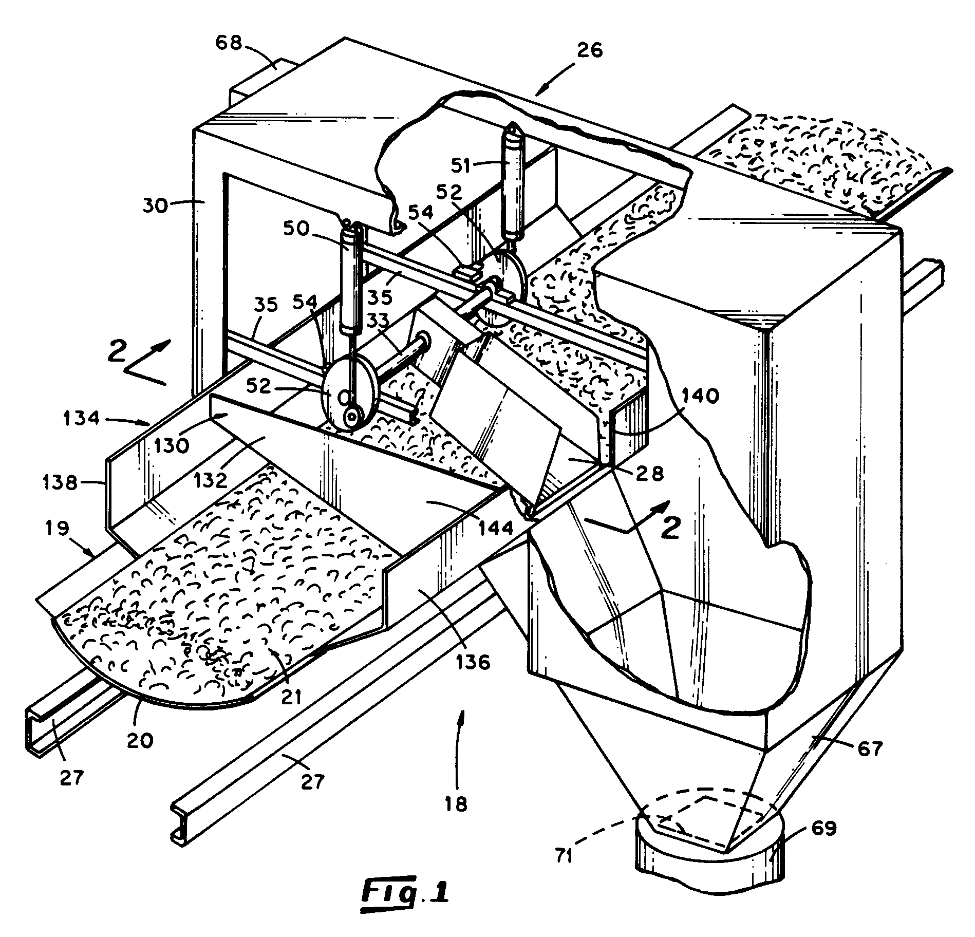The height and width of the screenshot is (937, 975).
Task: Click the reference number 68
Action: (229, 44)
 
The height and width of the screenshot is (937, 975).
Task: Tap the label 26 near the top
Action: (589, 50)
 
